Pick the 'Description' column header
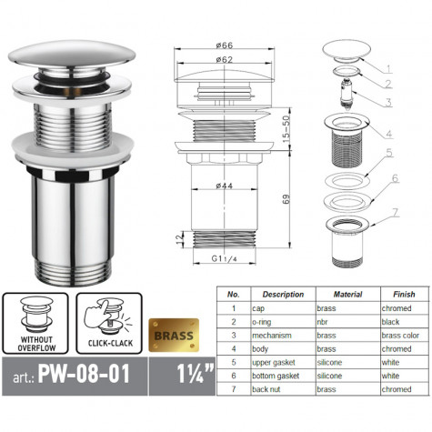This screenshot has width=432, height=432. point(282,294)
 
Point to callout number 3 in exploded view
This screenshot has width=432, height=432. point(387,102)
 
